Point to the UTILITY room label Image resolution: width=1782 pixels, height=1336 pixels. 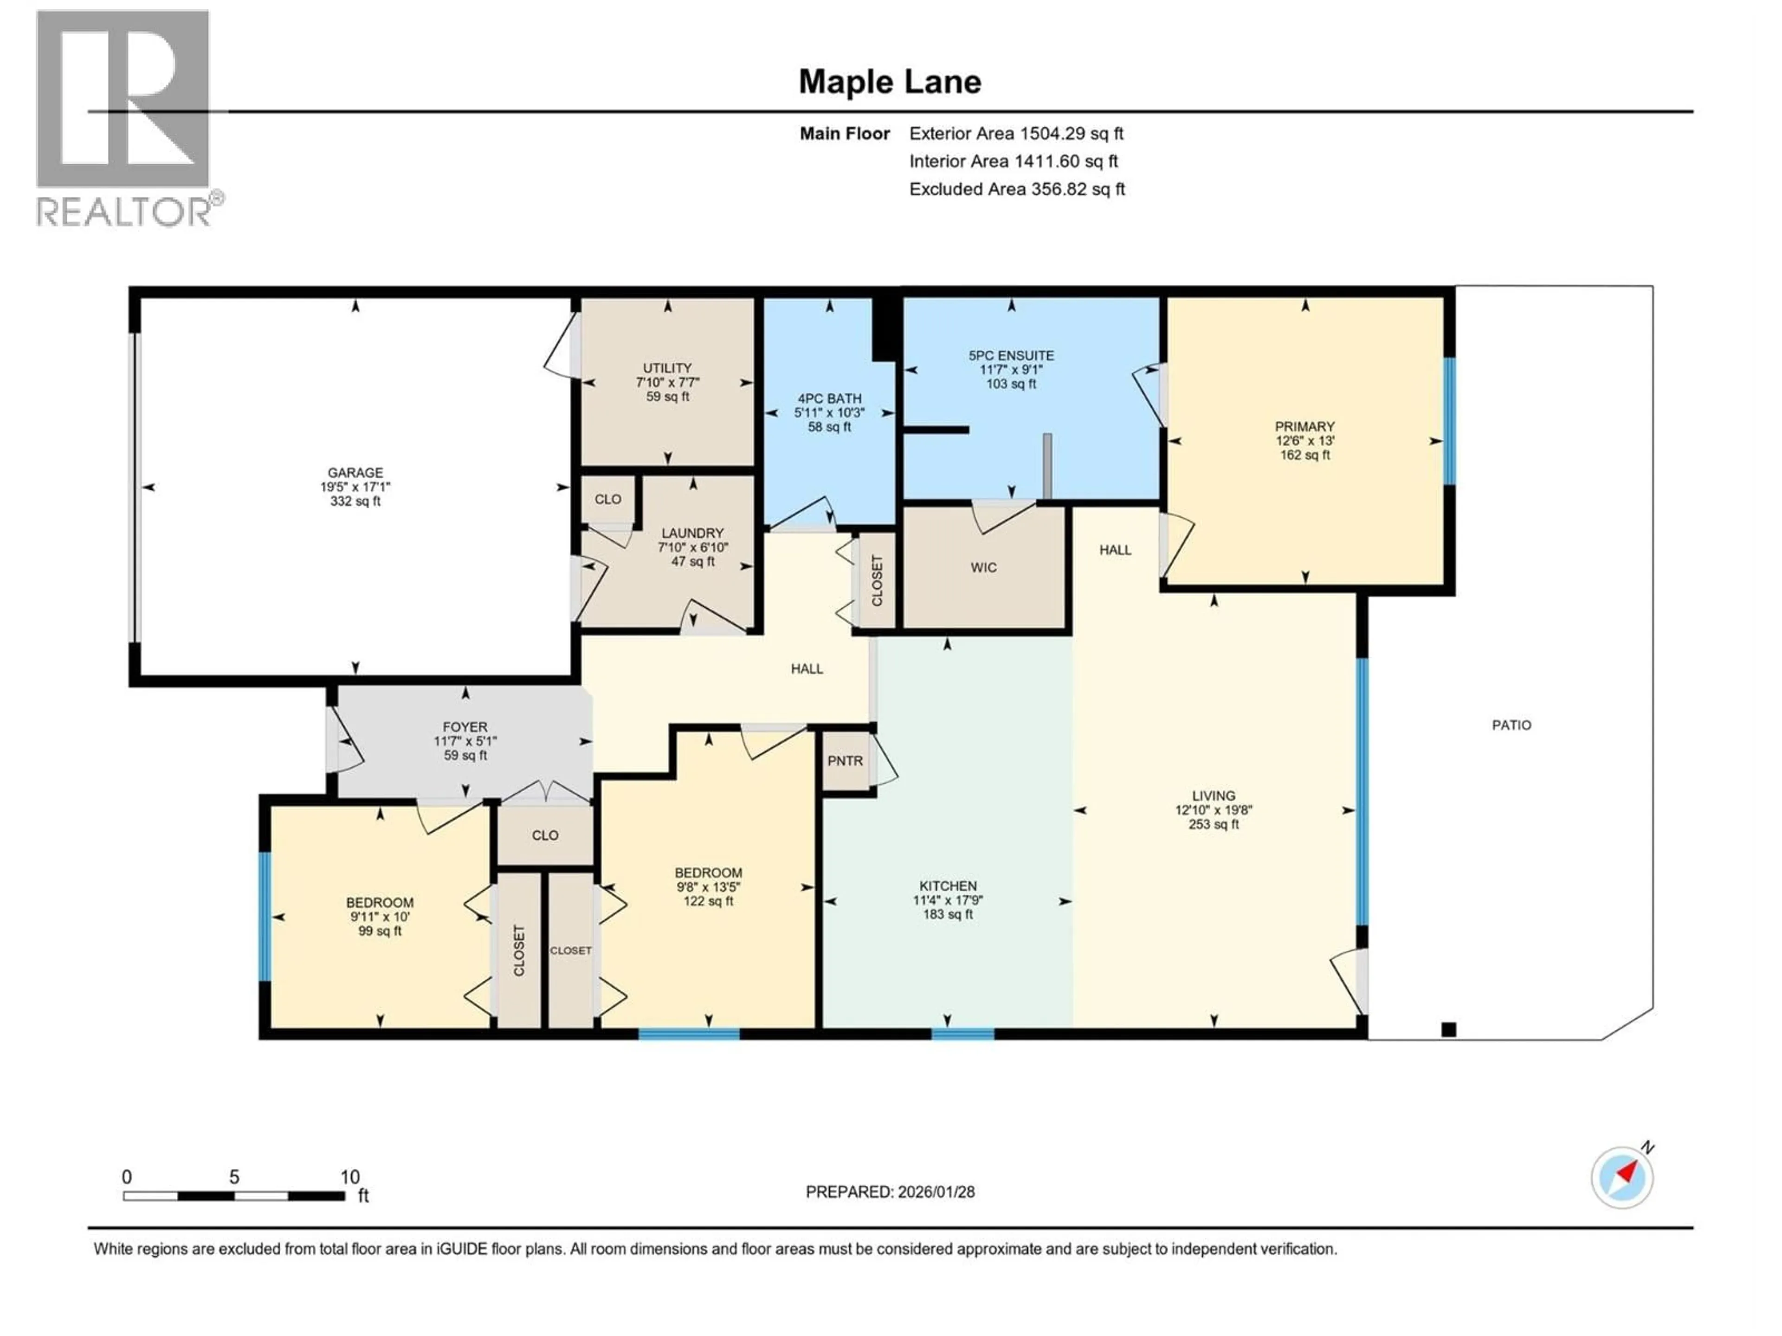tap(667, 368)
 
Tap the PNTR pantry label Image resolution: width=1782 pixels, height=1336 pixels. tap(845, 761)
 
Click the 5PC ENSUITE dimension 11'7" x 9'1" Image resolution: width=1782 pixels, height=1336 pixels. tap(1011, 370)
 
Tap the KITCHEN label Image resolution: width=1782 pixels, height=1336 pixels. tap(948, 886)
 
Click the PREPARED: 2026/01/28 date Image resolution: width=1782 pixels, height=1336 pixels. tap(890, 1192)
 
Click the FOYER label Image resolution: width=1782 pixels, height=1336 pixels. tap(465, 727)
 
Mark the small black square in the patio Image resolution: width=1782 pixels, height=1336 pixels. tap(1448, 1029)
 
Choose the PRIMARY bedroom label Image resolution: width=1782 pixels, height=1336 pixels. tap(1304, 427)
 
